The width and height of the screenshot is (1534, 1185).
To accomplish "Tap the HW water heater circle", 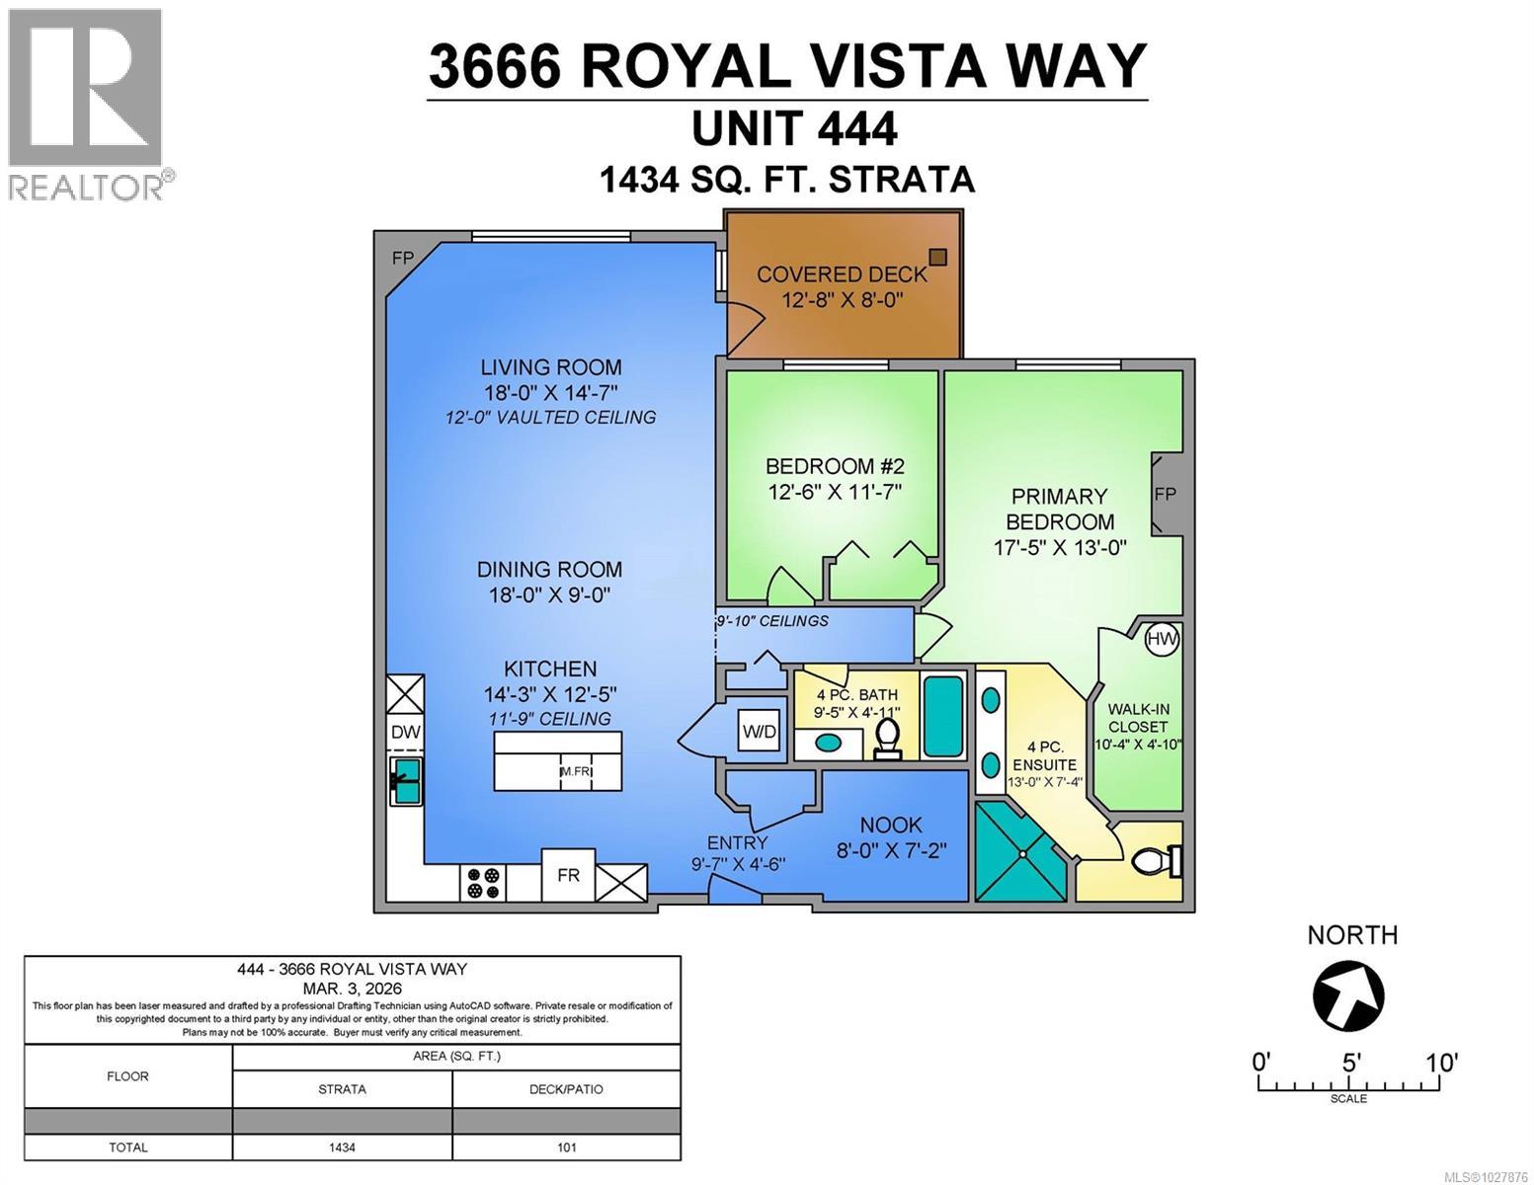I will (x=1162, y=639).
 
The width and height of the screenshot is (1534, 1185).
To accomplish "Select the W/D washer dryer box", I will (x=759, y=732).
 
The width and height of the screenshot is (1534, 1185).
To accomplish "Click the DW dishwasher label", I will (x=405, y=732).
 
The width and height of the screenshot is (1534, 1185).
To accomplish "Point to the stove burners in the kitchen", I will (x=484, y=882).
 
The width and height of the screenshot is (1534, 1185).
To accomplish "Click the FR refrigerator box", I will (x=568, y=875).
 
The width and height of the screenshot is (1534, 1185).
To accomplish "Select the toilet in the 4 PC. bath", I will (x=888, y=737).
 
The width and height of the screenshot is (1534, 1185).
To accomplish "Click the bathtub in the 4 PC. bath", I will (x=943, y=716).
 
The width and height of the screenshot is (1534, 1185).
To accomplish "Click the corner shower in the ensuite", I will (x=1020, y=852).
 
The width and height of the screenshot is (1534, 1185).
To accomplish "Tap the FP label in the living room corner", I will (x=402, y=259).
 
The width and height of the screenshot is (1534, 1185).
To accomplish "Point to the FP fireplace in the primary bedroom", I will (x=1166, y=494).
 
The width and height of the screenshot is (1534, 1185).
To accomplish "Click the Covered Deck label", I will (x=842, y=275).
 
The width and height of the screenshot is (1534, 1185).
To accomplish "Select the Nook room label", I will (x=891, y=825).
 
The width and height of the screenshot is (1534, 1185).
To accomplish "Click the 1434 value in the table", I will (x=342, y=1147).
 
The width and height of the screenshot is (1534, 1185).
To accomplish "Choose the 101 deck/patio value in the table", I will (x=566, y=1147).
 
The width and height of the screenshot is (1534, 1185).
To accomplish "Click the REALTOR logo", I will (x=87, y=104).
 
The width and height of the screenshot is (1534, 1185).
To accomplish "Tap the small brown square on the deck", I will (x=937, y=257).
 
